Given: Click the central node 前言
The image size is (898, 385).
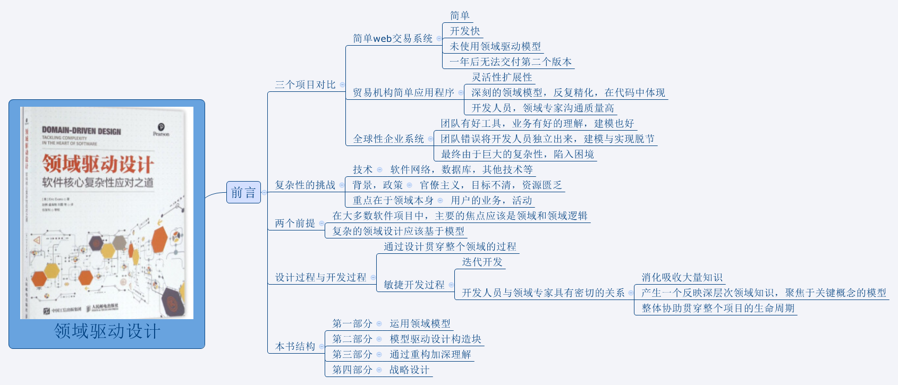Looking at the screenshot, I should click(x=243, y=192).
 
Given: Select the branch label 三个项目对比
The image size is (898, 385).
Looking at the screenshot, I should click(x=305, y=84).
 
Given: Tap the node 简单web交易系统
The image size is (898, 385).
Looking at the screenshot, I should click(x=393, y=38).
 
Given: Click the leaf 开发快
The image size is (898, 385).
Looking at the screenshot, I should click(x=465, y=31).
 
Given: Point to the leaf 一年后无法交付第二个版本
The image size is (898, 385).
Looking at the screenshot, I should click(x=511, y=62).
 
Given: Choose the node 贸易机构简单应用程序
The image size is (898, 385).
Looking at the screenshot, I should click(x=403, y=92).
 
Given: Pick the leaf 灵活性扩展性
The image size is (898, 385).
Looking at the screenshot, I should click(x=502, y=77).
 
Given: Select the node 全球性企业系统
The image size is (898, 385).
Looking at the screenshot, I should click(x=388, y=139).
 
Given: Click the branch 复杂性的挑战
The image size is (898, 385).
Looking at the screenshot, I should click(x=305, y=185).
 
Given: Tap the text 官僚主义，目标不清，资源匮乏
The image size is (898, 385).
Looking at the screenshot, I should click(x=490, y=185).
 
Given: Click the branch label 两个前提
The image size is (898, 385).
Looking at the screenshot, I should click(x=295, y=223).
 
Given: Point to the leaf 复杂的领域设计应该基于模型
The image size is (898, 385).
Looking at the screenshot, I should click(x=398, y=231).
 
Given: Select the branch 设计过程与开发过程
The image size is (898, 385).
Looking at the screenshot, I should click(x=320, y=277).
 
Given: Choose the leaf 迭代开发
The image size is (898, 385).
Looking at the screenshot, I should click(x=482, y=262).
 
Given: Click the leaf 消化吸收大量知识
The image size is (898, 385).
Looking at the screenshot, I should click(x=682, y=277).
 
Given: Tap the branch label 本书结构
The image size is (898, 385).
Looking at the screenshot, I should click(x=295, y=346).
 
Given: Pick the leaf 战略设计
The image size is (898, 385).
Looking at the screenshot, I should click(x=409, y=370).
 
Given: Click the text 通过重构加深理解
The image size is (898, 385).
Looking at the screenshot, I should click(x=430, y=354).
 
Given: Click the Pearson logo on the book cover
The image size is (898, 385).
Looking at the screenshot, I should click(x=161, y=129).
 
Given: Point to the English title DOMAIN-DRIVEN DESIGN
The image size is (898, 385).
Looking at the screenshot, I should click(x=81, y=131).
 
